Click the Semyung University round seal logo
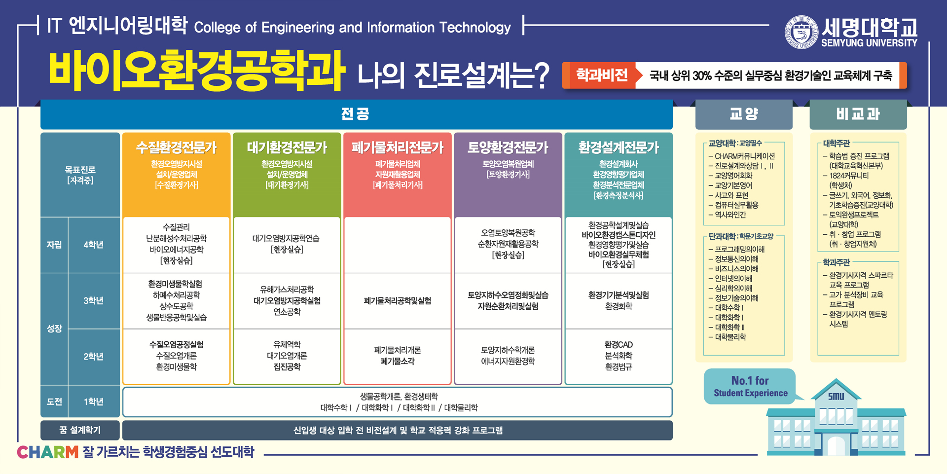(801, 32)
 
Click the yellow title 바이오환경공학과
(196, 71)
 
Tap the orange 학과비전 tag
(601, 75)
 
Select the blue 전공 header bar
(356, 114)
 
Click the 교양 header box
(744, 114)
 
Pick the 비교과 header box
(858, 114)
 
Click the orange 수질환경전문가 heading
(176, 147)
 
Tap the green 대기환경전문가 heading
(287, 147)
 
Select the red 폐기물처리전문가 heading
(397, 147)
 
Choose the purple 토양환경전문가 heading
(508, 147)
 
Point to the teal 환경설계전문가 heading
(618, 147)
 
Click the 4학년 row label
(93, 245)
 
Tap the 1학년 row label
(93, 401)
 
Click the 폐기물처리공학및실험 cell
(397, 300)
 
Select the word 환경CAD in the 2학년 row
(618, 344)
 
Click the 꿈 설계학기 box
(80, 430)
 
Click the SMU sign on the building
(836, 396)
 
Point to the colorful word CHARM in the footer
(47, 452)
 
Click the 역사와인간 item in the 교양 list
(730, 215)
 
